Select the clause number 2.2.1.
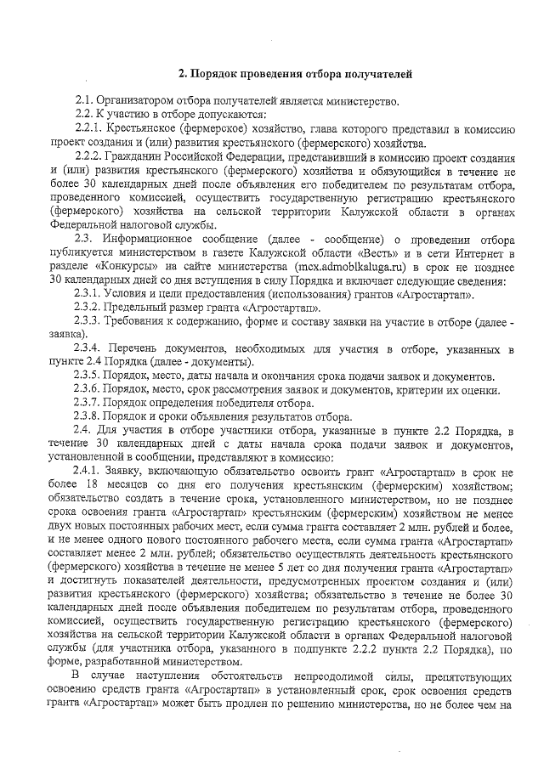tap(90, 127)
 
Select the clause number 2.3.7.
tap(90, 403)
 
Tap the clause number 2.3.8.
tap(90, 416)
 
